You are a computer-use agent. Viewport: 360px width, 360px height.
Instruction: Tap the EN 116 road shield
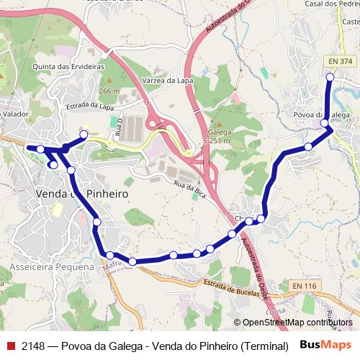[304, 287]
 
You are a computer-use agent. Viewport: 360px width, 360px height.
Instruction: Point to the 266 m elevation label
[109, 91]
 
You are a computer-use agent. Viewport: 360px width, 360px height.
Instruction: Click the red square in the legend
[10, 343]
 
